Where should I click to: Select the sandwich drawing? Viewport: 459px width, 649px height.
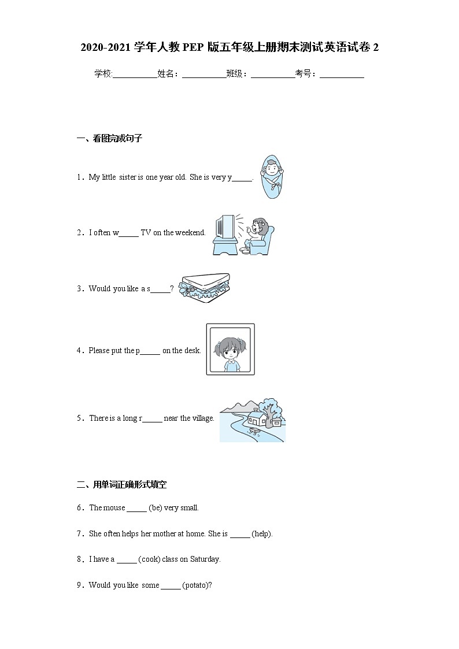pos(205,286)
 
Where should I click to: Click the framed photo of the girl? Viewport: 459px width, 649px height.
pos(230,349)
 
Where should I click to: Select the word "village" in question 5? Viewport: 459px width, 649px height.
pos(202,418)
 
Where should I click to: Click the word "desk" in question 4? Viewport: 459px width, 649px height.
pos(191,350)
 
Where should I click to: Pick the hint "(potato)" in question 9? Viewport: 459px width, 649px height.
pos(197,585)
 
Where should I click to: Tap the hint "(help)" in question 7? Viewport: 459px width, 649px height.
pos(262,533)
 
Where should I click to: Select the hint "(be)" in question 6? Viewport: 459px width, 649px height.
pos(155,508)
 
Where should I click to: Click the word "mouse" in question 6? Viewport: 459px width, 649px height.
pos(114,508)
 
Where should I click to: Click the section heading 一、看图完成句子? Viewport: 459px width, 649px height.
pos(109,138)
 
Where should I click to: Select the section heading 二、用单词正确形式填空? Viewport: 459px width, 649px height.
pos(121,484)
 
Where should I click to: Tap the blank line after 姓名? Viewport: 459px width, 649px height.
pos(203,74)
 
